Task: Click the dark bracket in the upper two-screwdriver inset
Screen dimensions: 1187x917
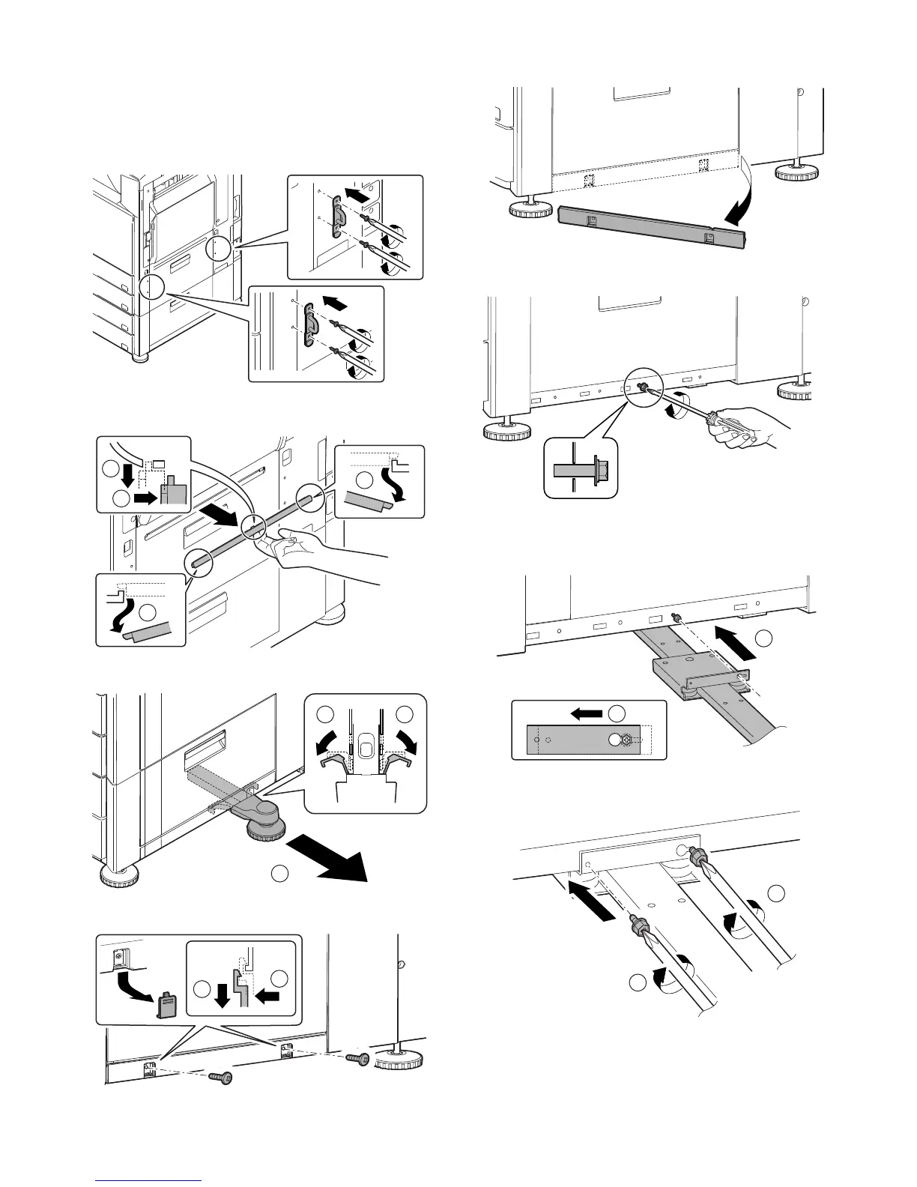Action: (x=337, y=217)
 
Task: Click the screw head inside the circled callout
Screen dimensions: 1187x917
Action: (x=642, y=387)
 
